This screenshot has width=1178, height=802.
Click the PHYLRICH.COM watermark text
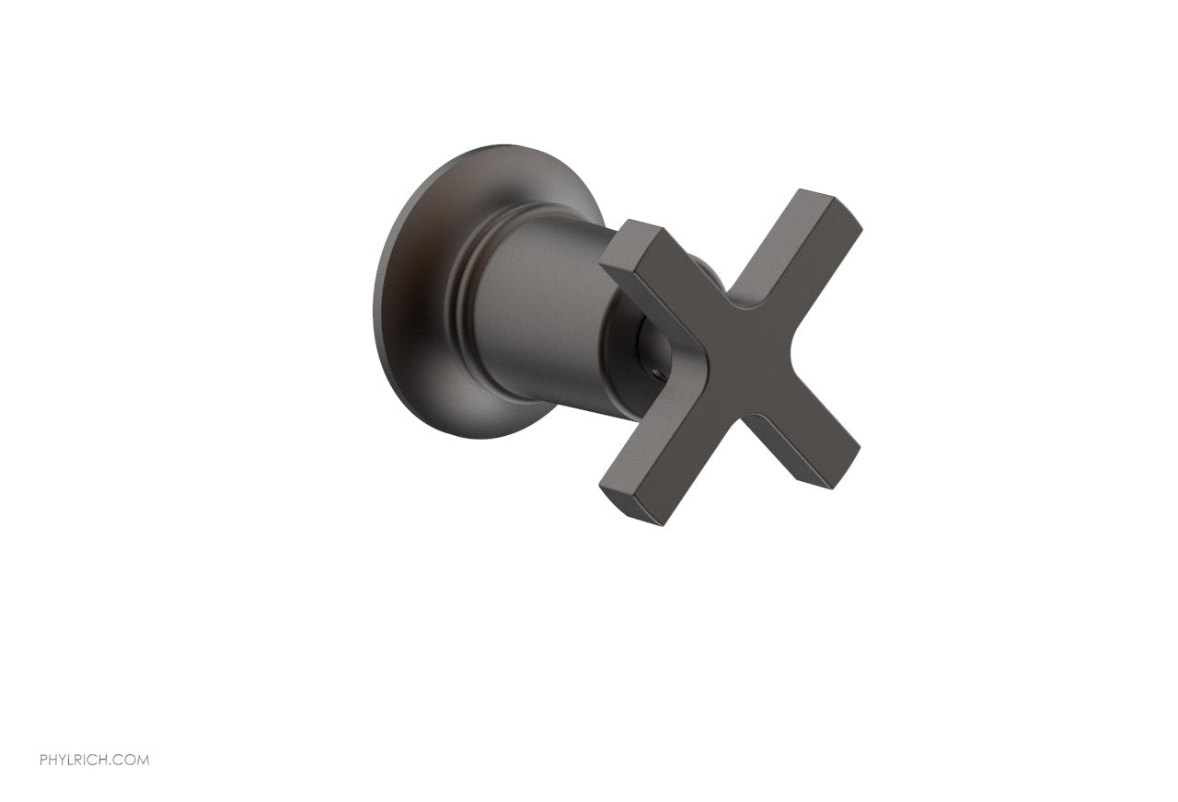pos(95,760)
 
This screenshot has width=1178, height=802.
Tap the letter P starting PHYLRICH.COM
pos(43,760)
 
